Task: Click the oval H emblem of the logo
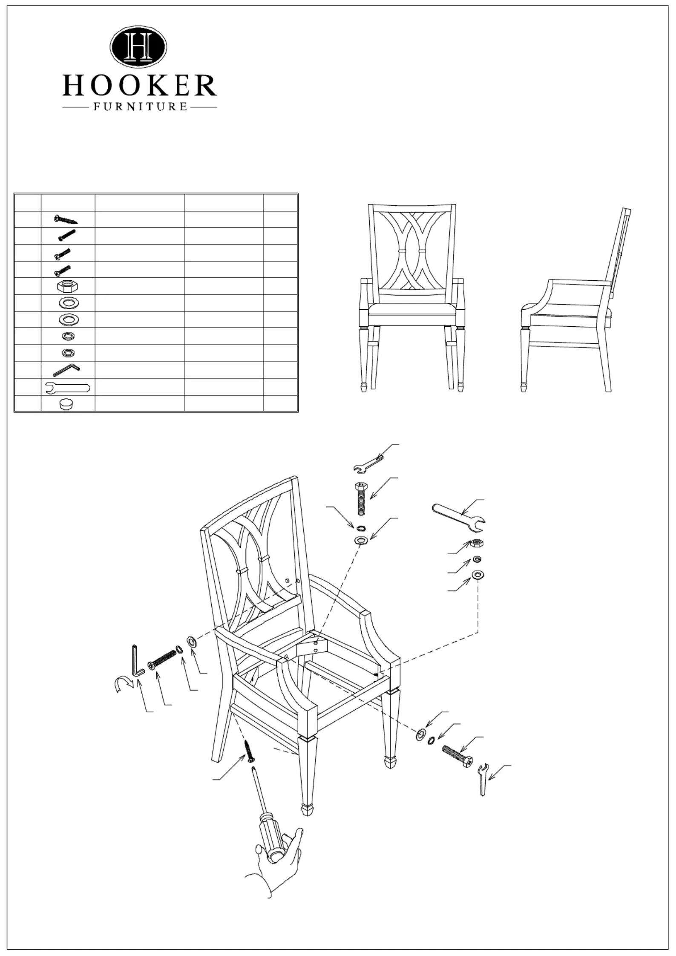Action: point(138,46)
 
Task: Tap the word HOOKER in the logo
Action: point(140,86)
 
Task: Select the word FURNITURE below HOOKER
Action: point(140,107)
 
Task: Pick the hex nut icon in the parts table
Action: point(68,286)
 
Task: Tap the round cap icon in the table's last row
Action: point(66,403)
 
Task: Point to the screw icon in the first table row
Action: point(66,219)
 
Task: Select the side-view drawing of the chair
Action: point(576,299)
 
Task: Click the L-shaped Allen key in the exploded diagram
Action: point(138,663)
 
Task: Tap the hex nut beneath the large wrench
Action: point(476,544)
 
